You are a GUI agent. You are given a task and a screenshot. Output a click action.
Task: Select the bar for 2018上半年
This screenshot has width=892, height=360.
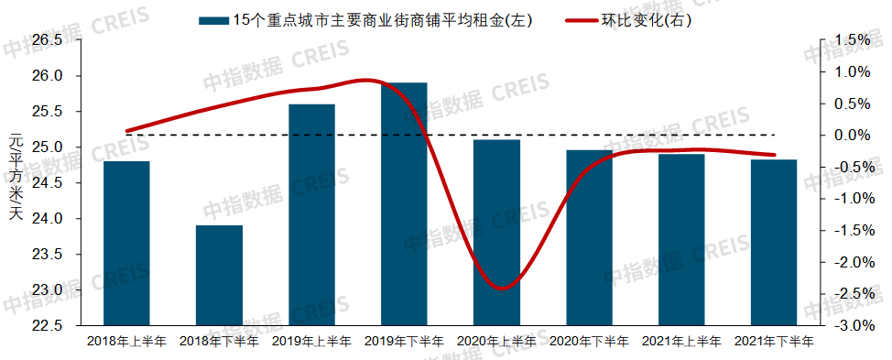click(126, 244)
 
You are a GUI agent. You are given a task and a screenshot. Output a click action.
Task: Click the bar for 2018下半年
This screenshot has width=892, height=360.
click(219, 275)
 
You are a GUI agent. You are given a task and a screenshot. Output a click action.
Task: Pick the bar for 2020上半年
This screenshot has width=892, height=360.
click(496, 233)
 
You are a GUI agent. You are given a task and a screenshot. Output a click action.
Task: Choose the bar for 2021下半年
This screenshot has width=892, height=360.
click(774, 243)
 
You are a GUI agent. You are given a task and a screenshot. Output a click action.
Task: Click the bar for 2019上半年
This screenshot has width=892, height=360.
click(311, 214)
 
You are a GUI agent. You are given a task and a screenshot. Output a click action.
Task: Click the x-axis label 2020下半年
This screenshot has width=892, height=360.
click(589, 342)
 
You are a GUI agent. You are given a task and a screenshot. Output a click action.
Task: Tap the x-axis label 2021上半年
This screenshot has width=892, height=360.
click(681, 342)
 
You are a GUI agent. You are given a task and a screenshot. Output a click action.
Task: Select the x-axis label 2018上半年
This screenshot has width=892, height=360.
click(126, 342)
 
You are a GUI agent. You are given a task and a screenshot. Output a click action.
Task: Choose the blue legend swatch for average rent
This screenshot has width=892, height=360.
click(212, 19)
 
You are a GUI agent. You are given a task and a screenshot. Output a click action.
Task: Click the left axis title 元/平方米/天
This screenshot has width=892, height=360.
click(15, 180)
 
